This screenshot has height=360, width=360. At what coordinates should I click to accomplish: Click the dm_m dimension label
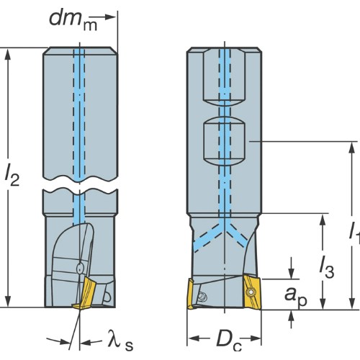[73, 21]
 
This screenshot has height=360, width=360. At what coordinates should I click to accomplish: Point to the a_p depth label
[296, 297]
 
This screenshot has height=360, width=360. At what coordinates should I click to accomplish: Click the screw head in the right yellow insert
[251, 292]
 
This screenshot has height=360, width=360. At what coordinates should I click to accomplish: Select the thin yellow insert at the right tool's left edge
[190, 294]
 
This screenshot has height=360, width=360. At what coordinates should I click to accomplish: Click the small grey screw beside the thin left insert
[203, 297]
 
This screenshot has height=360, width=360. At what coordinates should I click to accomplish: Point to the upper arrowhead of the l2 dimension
[8, 55]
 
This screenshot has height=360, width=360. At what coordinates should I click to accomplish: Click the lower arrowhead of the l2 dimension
[8, 301]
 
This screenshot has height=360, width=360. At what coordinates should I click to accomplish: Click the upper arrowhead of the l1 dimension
[352, 148]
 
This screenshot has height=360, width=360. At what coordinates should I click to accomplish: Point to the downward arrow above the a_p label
[292, 268]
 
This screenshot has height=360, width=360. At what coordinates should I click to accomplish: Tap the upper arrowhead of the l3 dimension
[323, 220]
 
